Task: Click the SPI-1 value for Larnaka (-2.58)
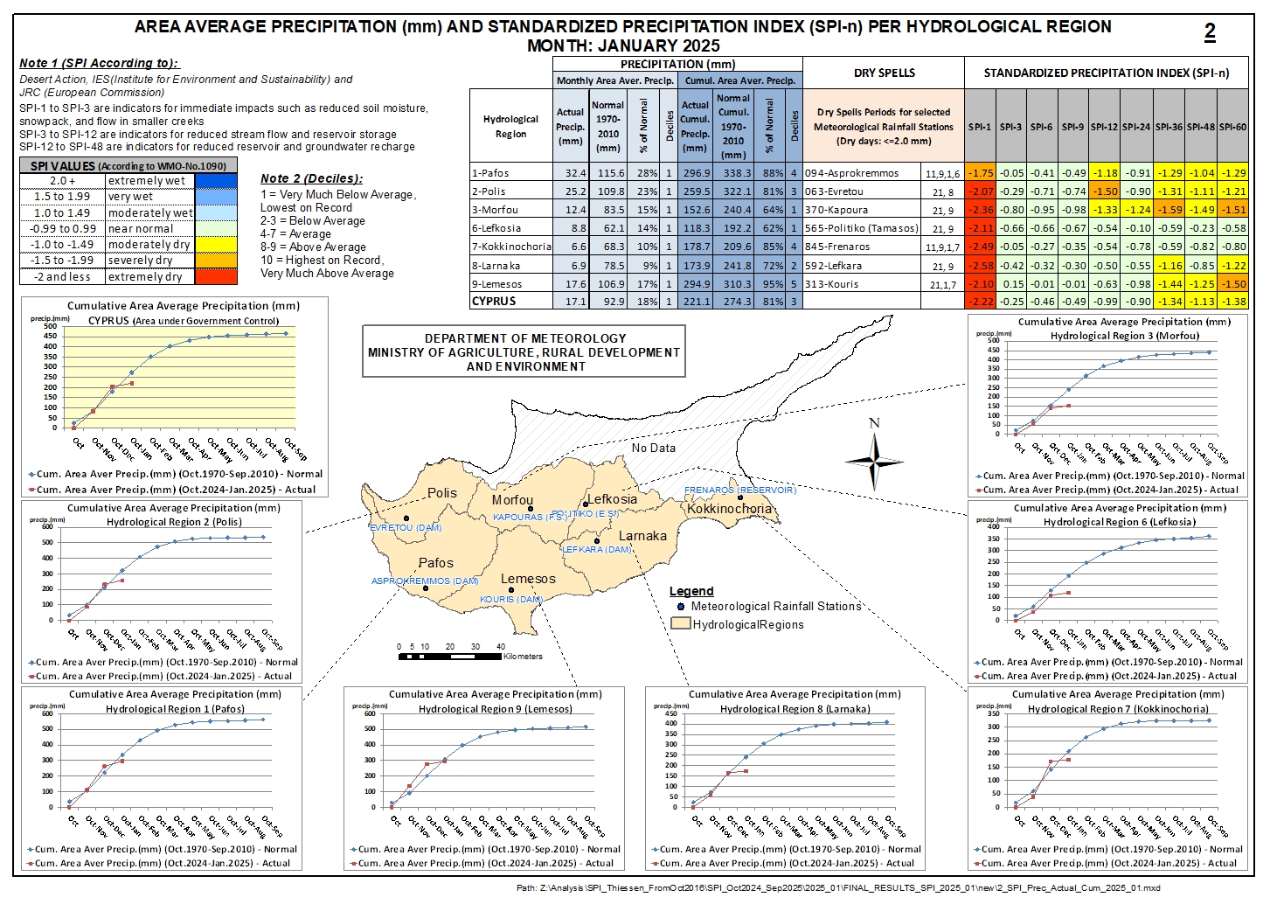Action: point(981,266)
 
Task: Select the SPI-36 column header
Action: point(1169,127)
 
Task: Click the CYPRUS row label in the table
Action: point(494,301)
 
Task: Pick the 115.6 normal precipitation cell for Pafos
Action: point(607,173)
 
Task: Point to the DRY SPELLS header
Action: point(884,73)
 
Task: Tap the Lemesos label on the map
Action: point(528,579)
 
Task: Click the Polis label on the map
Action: point(441,493)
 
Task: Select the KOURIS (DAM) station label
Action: point(511,600)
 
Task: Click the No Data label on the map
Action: point(654,448)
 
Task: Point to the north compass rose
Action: point(874,460)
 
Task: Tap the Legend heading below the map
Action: point(691,591)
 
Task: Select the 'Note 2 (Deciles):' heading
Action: point(311,178)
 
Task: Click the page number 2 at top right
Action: point(1210,32)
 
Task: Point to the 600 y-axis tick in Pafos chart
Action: point(47,714)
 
